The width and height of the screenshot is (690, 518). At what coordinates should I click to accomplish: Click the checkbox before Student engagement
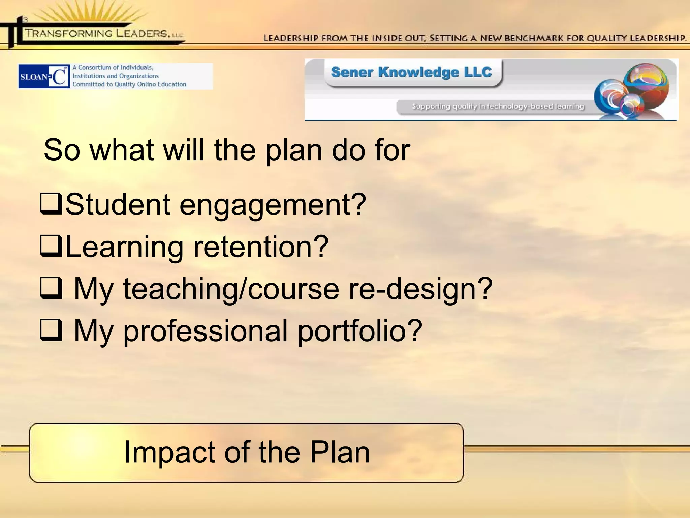(x=51, y=204)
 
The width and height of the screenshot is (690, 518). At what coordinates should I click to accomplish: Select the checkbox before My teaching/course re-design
(x=51, y=288)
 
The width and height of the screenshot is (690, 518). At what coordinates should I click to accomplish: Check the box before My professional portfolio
(x=51, y=330)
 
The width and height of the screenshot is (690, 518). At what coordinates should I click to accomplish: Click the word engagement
(x=273, y=205)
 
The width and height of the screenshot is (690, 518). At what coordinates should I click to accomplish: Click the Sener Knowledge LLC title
(x=411, y=72)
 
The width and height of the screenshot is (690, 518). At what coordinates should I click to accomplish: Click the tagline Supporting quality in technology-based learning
(x=498, y=107)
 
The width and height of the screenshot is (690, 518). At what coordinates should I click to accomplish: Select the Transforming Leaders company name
(x=97, y=33)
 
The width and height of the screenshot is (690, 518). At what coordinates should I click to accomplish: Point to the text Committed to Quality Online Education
(x=129, y=84)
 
